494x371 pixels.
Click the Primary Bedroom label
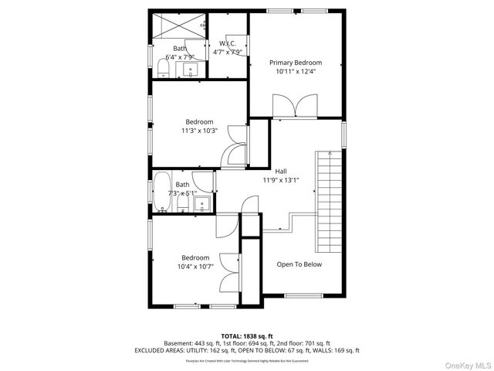(296, 63)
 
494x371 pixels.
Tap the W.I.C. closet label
(227, 44)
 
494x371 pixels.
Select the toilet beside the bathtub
(182, 206)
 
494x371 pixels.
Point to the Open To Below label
(299, 264)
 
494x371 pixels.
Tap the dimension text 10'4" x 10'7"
(195, 267)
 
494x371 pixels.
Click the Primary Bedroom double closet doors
(296, 105)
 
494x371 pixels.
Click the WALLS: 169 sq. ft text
(334, 350)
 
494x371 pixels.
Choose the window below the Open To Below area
(299, 295)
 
